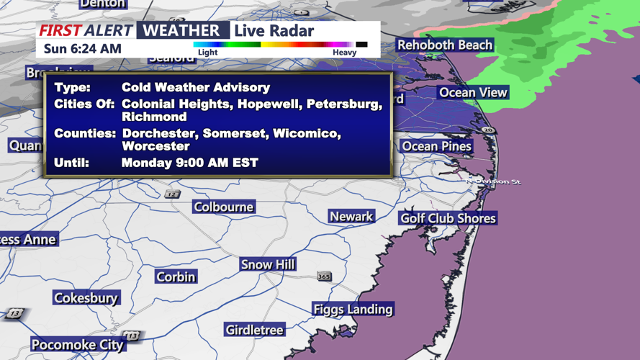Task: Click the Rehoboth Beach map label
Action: [445, 45]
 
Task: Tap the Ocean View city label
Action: [473, 92]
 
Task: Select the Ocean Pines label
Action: [436, 146]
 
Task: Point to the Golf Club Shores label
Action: [448, 218]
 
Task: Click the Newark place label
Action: [351, 216]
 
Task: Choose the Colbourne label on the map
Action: [223, 207]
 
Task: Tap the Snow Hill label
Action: [268, 264]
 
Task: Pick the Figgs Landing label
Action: [353, 309]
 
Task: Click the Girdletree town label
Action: [255, 330]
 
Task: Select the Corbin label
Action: [176, 276]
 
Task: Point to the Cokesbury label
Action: [86, 297]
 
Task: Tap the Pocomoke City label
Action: [77, 345]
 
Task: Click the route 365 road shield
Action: [324, 276]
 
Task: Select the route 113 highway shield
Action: [131, 336]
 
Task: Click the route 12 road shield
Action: [171, 194]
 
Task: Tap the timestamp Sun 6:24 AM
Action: [82, 49]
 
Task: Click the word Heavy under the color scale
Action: [344, 53]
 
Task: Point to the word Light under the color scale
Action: [207, 53]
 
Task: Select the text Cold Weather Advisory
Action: [196, 87]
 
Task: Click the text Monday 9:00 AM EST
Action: [189, 163]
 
